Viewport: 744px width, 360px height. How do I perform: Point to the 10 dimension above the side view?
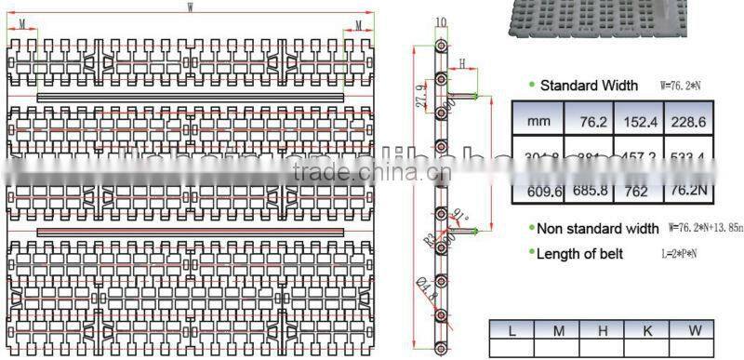[441, 21]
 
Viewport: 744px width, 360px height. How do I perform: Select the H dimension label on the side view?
[461, 62]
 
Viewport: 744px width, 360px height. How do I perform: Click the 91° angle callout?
[458, 219]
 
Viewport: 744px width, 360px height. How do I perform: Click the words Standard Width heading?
[589, 86]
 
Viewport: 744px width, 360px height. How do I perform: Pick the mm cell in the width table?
[538, 120]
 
